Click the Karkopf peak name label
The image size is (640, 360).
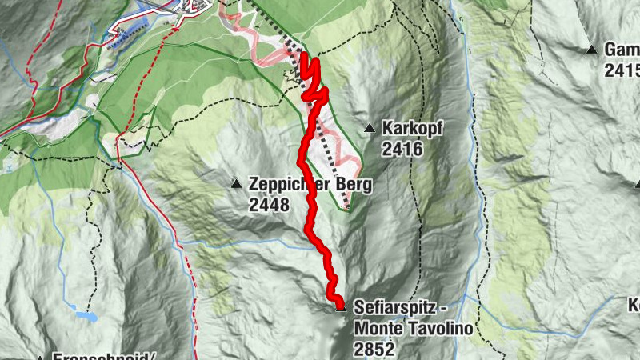412,128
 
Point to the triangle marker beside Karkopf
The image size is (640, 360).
370,128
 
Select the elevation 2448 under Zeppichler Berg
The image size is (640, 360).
268,204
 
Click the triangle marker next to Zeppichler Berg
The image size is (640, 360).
236,183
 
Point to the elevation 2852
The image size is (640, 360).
374,348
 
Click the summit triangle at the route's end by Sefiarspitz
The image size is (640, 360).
341,306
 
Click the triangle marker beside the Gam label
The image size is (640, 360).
592,50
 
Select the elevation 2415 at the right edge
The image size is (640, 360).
622,70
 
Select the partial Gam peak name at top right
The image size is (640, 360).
622,50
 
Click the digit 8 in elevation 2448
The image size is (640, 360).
282,204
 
